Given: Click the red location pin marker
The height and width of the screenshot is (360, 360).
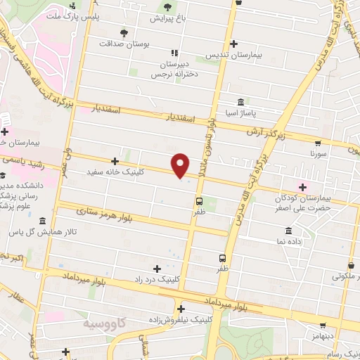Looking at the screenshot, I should pyautogui.click(x=181, y=165).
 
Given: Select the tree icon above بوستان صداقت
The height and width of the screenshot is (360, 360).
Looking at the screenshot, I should pyautogui.click(x=124, y=32).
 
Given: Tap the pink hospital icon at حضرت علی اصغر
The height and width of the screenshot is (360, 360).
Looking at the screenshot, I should pyautogui.click(x=303, y=186).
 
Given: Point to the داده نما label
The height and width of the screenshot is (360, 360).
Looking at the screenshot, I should pyautogui.click(x=289, y=240).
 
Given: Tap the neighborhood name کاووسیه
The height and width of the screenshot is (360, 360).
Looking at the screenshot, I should pyautogui.click(x=99, y=324).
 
